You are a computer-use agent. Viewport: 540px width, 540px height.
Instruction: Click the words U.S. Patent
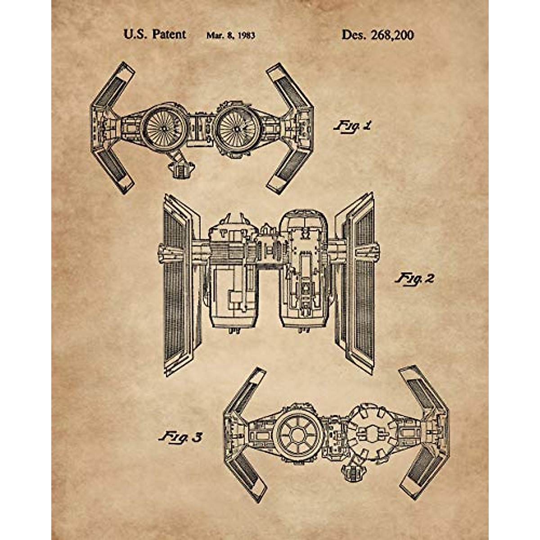pos(154,35)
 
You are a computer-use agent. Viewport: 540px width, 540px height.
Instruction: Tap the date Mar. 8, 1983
pos(230,36)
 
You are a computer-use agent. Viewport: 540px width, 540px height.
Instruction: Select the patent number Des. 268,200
pos(378,35)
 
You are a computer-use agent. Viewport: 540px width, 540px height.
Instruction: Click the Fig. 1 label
pos(353,126)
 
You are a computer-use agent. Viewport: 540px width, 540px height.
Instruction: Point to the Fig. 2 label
pos(414,279)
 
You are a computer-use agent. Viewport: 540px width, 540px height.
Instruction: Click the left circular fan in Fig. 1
pos(162,126)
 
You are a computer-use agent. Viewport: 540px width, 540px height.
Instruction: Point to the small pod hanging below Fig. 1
pos(180,168)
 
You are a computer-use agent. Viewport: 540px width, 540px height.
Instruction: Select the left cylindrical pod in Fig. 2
pos(230,292)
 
